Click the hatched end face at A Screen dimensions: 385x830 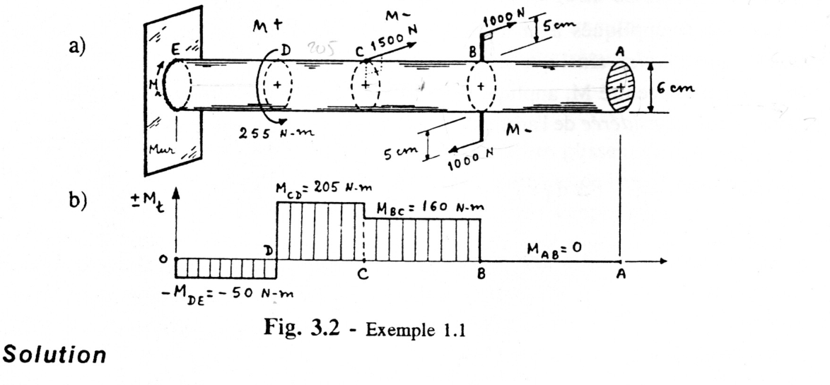point(620,85)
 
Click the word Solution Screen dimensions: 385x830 point(54,355)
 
